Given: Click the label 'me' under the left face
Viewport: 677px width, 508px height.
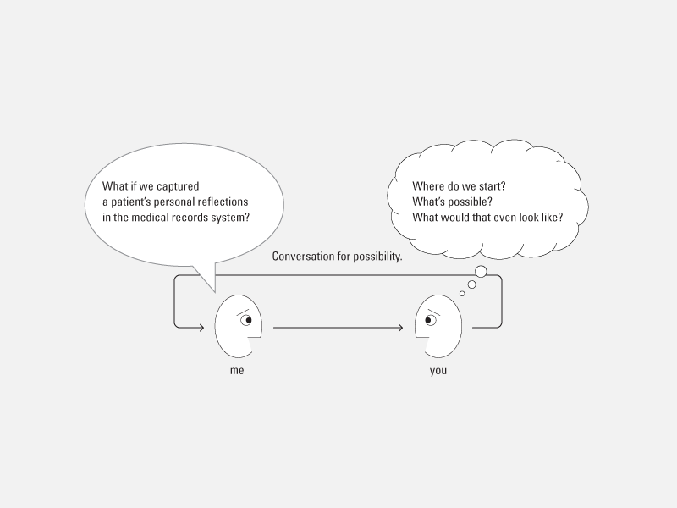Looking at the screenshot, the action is tap(237, 371).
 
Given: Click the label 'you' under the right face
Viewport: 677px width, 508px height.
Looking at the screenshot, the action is tap(438, 371).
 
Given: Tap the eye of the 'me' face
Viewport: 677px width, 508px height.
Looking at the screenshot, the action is tap(246, 320).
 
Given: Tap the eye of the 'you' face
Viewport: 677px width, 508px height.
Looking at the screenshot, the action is tap(430, 320).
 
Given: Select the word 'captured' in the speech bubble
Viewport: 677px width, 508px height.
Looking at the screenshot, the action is tap(178, 186).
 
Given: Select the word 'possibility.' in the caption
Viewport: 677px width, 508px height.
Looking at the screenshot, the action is tap(377, 257).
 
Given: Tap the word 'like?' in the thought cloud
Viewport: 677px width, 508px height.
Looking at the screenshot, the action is tap(553, 218).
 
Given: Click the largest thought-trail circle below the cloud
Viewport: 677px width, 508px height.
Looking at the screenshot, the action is tap(481, 272).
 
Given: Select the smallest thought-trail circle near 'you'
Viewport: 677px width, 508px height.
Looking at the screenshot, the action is tap(462, 294).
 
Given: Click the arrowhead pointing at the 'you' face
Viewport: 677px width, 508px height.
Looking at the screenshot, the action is tap(400, 328).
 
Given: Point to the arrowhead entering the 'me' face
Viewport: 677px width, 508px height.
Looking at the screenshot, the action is tap(201, 328).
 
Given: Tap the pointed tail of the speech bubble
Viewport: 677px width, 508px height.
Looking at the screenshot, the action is tap(215, 292).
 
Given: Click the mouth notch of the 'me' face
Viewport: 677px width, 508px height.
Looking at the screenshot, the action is tap(256, 344).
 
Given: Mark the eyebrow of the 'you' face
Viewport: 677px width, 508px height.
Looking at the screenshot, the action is tap(433, 312).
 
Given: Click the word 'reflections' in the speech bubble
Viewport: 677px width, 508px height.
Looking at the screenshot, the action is tap(223, 202).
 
